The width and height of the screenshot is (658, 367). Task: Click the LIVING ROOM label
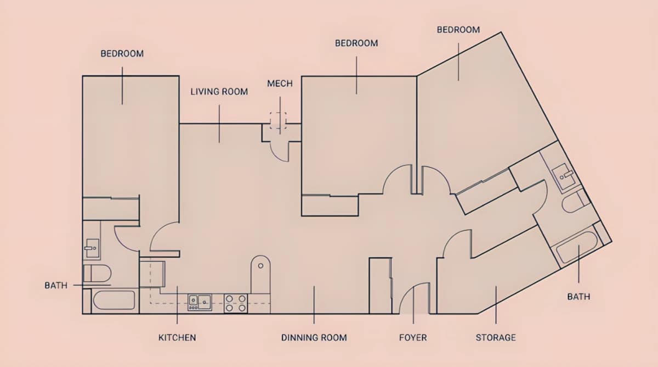tap(219, 92)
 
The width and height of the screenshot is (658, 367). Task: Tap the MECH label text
tap(280, 84)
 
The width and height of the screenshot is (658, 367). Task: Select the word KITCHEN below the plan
tap(177, 337)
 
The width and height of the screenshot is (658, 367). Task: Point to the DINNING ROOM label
tap(314, 337)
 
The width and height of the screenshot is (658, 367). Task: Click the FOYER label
tap(413, 337)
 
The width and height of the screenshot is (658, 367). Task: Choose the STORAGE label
tap(496, 337)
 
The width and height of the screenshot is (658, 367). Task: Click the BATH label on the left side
tap(56, 286)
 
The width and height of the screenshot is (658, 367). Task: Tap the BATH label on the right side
tap(578, 297)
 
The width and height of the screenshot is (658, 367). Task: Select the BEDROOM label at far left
tap(122, 53)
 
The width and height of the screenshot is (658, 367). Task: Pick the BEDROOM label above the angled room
tap(458, 30)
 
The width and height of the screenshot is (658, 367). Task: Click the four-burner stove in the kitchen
tap(236, 303)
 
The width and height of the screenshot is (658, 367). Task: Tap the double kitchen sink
tap(200, 303)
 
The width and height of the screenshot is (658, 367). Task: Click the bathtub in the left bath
tap(114, 300)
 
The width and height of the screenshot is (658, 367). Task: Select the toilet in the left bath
tap(97, 274)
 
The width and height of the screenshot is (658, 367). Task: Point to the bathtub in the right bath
tap(576, 247)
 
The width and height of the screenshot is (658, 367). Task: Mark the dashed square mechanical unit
tap(278, 120)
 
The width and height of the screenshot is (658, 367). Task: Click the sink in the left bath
tap(92, 248)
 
